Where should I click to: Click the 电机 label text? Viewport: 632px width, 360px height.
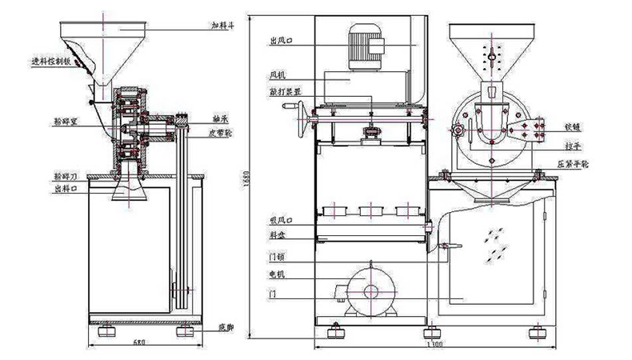pyautogui.click(x=278, y=274)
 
